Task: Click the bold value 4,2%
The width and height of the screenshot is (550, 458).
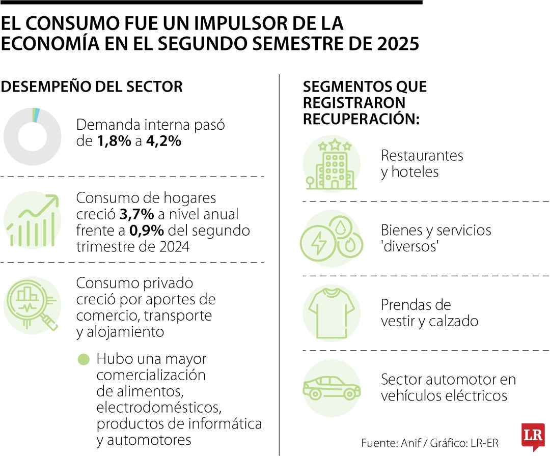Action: (163, 141)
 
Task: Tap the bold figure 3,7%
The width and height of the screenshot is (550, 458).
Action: (134, 214)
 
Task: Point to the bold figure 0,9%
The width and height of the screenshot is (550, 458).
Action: (146, 230)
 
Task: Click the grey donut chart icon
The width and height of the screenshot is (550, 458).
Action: (32, 136)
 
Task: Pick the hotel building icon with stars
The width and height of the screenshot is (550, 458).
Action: (332, 164)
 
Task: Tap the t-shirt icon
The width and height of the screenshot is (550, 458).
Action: (332, 312)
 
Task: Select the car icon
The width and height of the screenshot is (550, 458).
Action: (332, 388)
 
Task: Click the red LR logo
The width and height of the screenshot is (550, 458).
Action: (533, 436)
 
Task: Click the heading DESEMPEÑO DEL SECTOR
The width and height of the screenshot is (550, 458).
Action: (92, 87)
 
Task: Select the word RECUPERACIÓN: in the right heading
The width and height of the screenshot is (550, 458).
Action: (361, 119)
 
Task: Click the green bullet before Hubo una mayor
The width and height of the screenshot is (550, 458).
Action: (83, 359)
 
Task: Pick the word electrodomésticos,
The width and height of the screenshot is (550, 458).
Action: (159, 408)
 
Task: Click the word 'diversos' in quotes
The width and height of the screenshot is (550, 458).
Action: (410, 247)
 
